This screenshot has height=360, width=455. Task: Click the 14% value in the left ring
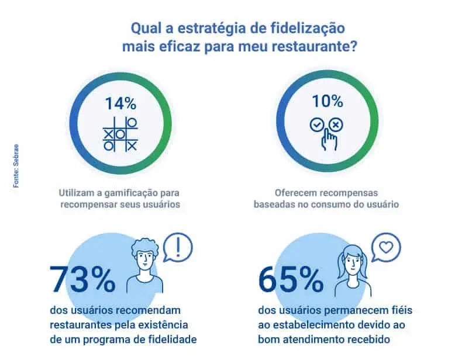coord(120,104)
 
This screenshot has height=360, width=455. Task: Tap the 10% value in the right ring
coord(328,101)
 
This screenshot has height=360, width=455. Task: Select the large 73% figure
coord(82,280)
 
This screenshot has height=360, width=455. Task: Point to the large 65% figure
coord(291,280)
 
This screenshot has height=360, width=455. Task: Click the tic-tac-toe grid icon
coord(120,134)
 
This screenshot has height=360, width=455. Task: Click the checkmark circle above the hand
coord(317,125)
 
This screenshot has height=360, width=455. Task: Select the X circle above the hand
coord(336,124)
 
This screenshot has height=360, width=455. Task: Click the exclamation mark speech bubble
coord(178,246)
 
